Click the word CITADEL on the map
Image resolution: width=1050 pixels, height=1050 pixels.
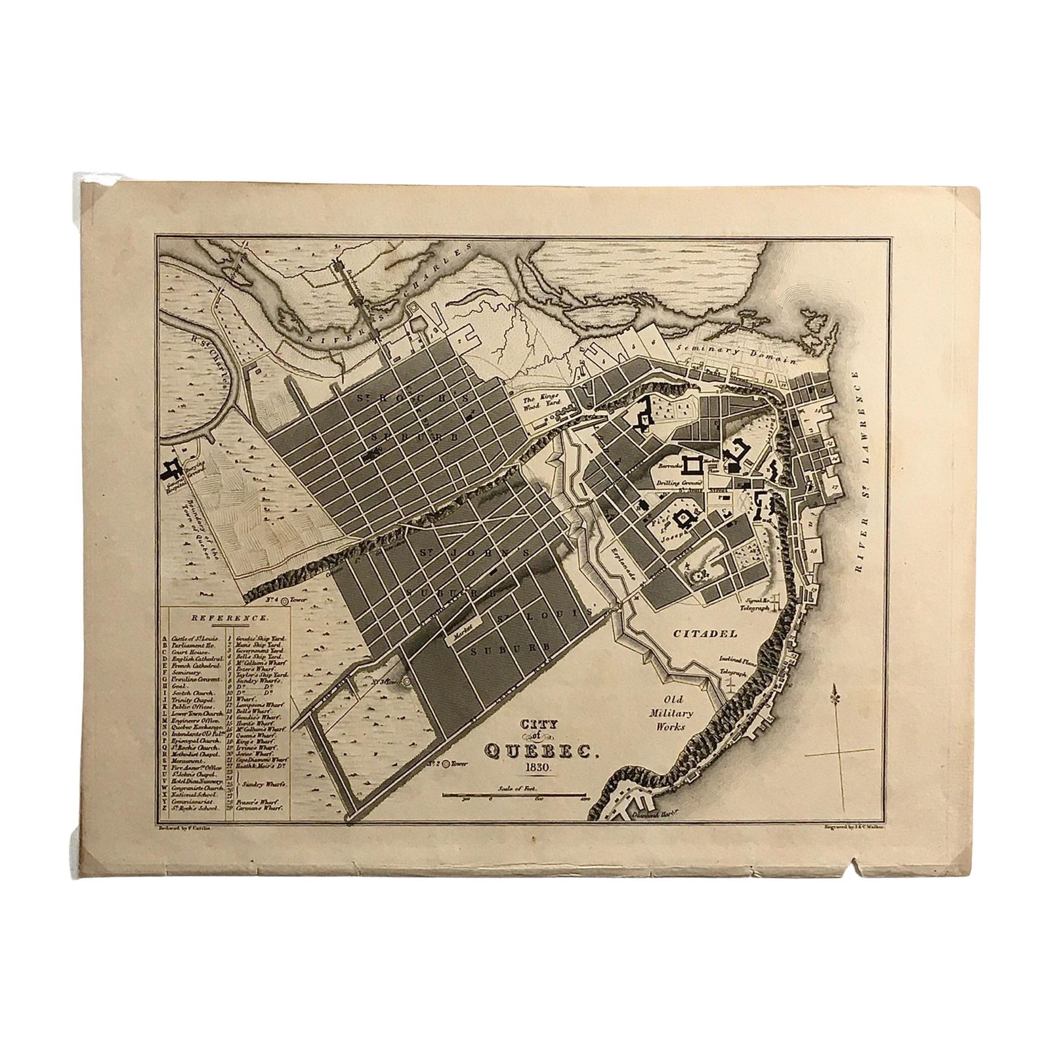click(705, 634)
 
